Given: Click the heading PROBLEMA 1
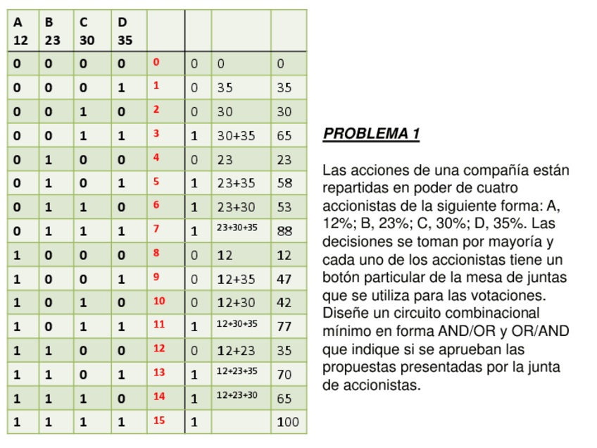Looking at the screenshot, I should click(371, 134).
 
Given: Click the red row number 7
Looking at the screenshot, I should click(156, 228).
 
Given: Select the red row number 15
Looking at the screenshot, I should click(159, 421).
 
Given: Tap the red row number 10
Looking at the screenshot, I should click(159, 301).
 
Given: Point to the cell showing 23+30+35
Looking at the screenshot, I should click(237, 228).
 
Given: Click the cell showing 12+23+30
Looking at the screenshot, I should click(237, 396).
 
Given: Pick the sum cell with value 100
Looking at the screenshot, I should click(287, 423).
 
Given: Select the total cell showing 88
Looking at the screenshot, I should click(284, 231).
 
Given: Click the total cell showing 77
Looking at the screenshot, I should click(284, 327).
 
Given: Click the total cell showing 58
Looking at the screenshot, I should click(284, 183).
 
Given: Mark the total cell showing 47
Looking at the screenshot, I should click(284, 279).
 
